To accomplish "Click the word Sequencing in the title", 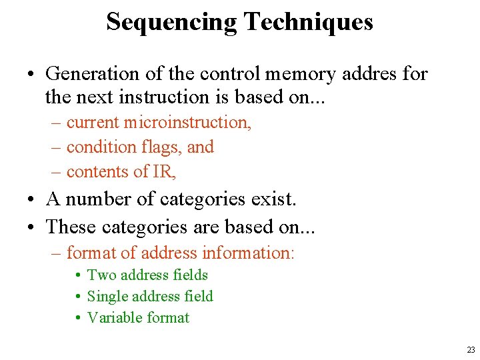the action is pos(171,22).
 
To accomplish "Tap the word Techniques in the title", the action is pos(308,22).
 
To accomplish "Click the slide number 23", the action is pos(471,349).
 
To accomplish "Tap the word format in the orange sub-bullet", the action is pos(89,253).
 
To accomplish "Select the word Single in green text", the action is pos(107,296).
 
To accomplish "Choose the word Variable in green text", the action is pos(113,317).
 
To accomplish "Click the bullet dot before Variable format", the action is pos(79,318).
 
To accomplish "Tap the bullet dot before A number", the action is pos(33,199).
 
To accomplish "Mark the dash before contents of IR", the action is pos(57,172).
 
